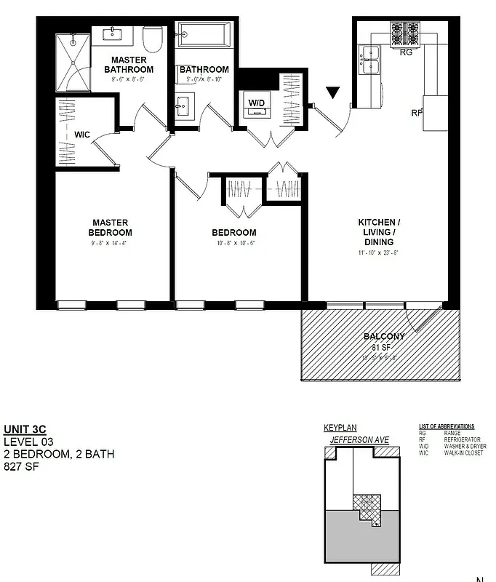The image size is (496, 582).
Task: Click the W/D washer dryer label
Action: [x=257, y=103]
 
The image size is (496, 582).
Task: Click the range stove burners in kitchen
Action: [x=406, y=33]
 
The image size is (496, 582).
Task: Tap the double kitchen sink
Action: [x=370, y=60]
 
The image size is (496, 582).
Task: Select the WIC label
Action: [x=81, y=135]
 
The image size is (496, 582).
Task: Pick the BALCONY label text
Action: [x=384, y=336]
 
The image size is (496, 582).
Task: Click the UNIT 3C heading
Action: [x=25, y=429]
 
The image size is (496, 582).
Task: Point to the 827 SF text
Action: [x=21, y=466]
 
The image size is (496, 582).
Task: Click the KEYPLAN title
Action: [x=340, y=428]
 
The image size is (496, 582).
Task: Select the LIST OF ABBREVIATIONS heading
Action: [x=447, y=426]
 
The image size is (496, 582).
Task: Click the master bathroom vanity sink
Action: [x=115, y=33]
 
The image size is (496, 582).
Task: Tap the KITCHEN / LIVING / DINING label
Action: [x=377, y=232]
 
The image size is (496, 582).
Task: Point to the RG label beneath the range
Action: [x=406, y=52]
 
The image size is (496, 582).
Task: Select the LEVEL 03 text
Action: [x=28, y=442]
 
